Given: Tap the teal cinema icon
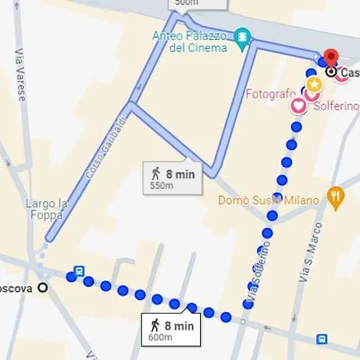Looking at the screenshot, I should coord(242,37).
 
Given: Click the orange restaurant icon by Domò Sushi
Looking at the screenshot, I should coord(337,195).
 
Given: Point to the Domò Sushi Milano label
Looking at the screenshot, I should coord(269,200).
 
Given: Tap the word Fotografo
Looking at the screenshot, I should coord(271,94).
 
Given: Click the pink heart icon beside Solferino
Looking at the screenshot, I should coord(298,105).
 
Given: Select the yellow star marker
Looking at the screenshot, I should coord(314,83).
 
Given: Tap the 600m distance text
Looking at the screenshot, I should coord(160,338).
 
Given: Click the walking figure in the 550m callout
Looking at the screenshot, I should coord(155,172).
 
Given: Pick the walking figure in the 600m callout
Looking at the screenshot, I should coord(154,324).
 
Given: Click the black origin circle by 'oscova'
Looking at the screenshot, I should coord(42,287).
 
